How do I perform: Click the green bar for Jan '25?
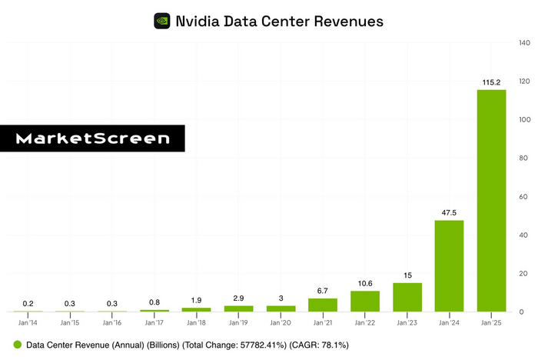492,200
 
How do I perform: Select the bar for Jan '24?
450,265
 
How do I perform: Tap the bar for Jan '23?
407,297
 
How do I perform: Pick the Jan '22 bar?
365,301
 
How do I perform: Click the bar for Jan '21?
323,305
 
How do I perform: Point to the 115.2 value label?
492,82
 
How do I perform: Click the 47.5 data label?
450,212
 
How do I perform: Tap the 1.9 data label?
196,299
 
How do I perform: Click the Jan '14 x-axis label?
27,322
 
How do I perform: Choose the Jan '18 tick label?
196,322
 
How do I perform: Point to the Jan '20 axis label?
281,322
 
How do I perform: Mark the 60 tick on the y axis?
524,196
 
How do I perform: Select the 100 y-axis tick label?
526,120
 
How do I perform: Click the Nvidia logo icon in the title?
162,21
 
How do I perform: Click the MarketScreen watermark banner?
92,138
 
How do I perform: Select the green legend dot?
17,346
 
